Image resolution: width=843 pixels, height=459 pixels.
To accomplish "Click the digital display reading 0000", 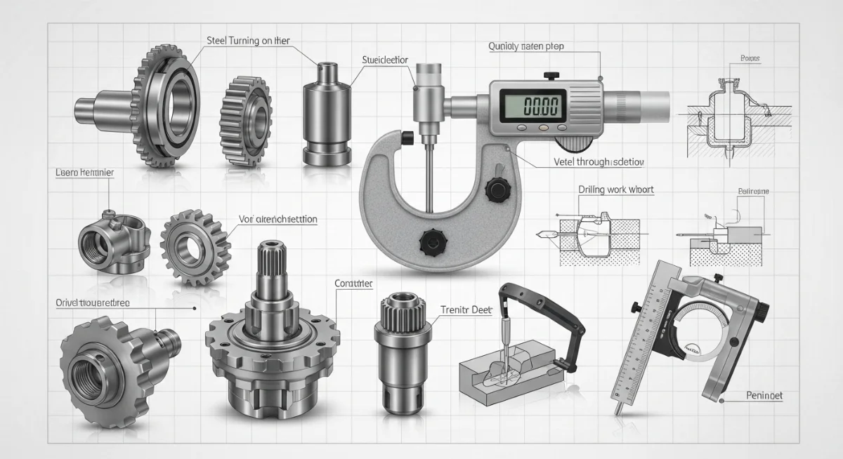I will click(531, 106).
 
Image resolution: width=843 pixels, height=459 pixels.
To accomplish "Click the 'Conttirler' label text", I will click(350, 284).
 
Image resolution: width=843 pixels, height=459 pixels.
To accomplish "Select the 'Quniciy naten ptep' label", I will click(526, 46).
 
